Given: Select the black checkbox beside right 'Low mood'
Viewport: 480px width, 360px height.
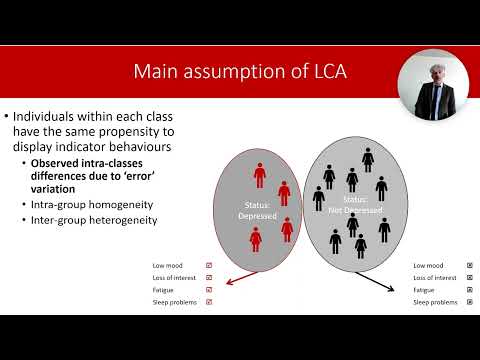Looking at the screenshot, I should pos(469,265).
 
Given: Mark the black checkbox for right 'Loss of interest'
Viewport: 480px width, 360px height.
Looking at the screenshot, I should pos(469,277).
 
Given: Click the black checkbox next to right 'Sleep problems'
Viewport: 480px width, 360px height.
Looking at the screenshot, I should pos(469,301).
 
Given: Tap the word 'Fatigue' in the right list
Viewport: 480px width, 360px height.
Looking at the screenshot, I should pos(425,289).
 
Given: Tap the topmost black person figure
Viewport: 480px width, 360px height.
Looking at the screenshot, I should pos(368,158).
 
